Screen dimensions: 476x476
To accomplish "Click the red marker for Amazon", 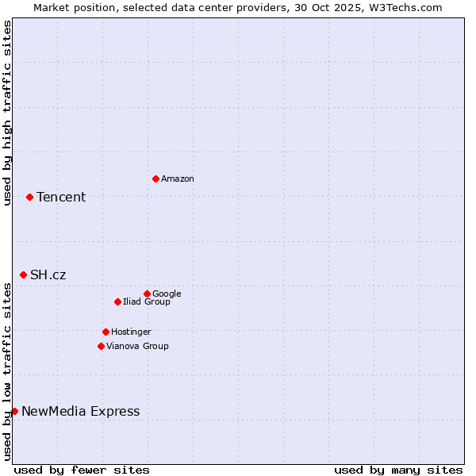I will [x=155, y=178].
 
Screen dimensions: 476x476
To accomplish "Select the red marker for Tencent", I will [x=29, y=197].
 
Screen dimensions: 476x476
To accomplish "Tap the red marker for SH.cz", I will [x=23, y=274].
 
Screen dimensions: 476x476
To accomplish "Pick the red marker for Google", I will [x=147, y=294].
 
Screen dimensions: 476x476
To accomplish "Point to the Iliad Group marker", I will [x=117, y=301].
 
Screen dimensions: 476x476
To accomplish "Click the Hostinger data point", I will [x=106, y=332].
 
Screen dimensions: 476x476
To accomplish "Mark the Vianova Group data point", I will [x=101, y=346].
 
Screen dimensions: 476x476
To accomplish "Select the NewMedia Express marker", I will [x=14, y=411].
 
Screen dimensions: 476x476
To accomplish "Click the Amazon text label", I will [x=178, y=179].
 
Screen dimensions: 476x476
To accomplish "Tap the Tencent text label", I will [x=61, y=198].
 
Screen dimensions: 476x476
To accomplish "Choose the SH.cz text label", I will [x=48, y=275].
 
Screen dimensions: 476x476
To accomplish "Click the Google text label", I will [x=167, y=294].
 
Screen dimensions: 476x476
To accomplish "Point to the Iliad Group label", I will [x=147, y=302].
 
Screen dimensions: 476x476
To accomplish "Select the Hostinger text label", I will [x=131, y=332].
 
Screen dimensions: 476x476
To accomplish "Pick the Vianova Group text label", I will [x=137, y=347].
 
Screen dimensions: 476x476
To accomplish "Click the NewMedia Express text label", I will [x=80, y=412].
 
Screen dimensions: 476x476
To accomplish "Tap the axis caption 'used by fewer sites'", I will [x=82, y=470].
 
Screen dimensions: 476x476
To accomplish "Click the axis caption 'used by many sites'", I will [x=398, y=470].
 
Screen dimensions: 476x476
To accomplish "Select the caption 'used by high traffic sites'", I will [x=7, y=113].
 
